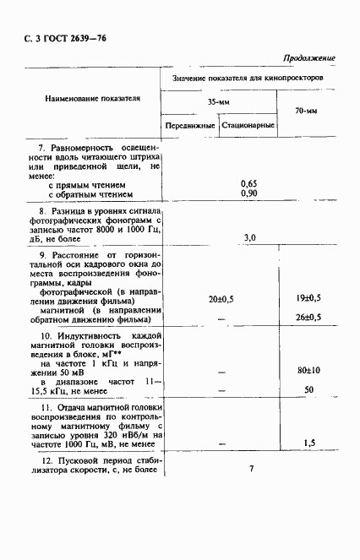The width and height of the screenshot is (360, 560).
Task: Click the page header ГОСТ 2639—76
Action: click(x=66, y=39)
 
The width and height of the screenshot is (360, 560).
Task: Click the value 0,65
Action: click(x=248, y=183)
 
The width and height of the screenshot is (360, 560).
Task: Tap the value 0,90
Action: click(x=248, y=193)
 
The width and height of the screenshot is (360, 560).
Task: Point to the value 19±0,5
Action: click(x=308, y=299)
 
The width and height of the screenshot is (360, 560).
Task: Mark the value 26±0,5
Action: click(x=308, y=317)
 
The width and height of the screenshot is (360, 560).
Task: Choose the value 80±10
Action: click(x=308, y=370)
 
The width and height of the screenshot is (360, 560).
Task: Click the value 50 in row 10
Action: click(x=309, y=389)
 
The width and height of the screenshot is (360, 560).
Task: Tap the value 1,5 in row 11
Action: click(x=309, y=443)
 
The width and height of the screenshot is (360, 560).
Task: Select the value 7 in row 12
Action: click(x=251, y=469)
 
